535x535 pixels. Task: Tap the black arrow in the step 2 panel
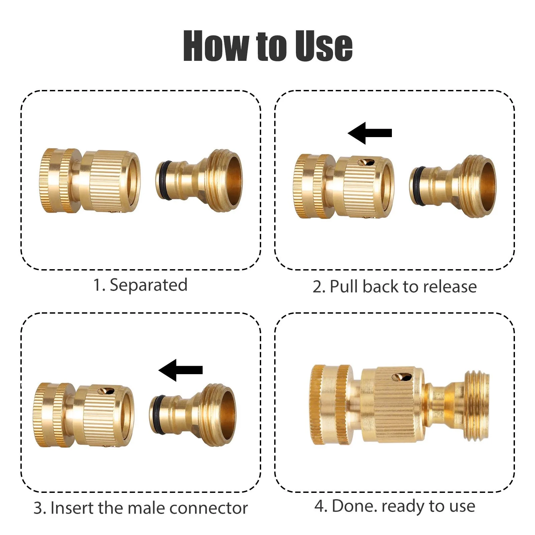[370, 133]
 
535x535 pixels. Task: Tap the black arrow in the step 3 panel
[181, 370]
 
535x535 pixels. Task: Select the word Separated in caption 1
[148, 285]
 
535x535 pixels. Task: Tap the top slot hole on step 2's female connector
[366, 162]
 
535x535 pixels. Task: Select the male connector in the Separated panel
[199, 181]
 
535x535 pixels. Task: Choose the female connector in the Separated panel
[90, 181]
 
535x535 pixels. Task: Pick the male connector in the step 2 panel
[452, 186]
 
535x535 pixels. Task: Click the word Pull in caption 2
[344, 287]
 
